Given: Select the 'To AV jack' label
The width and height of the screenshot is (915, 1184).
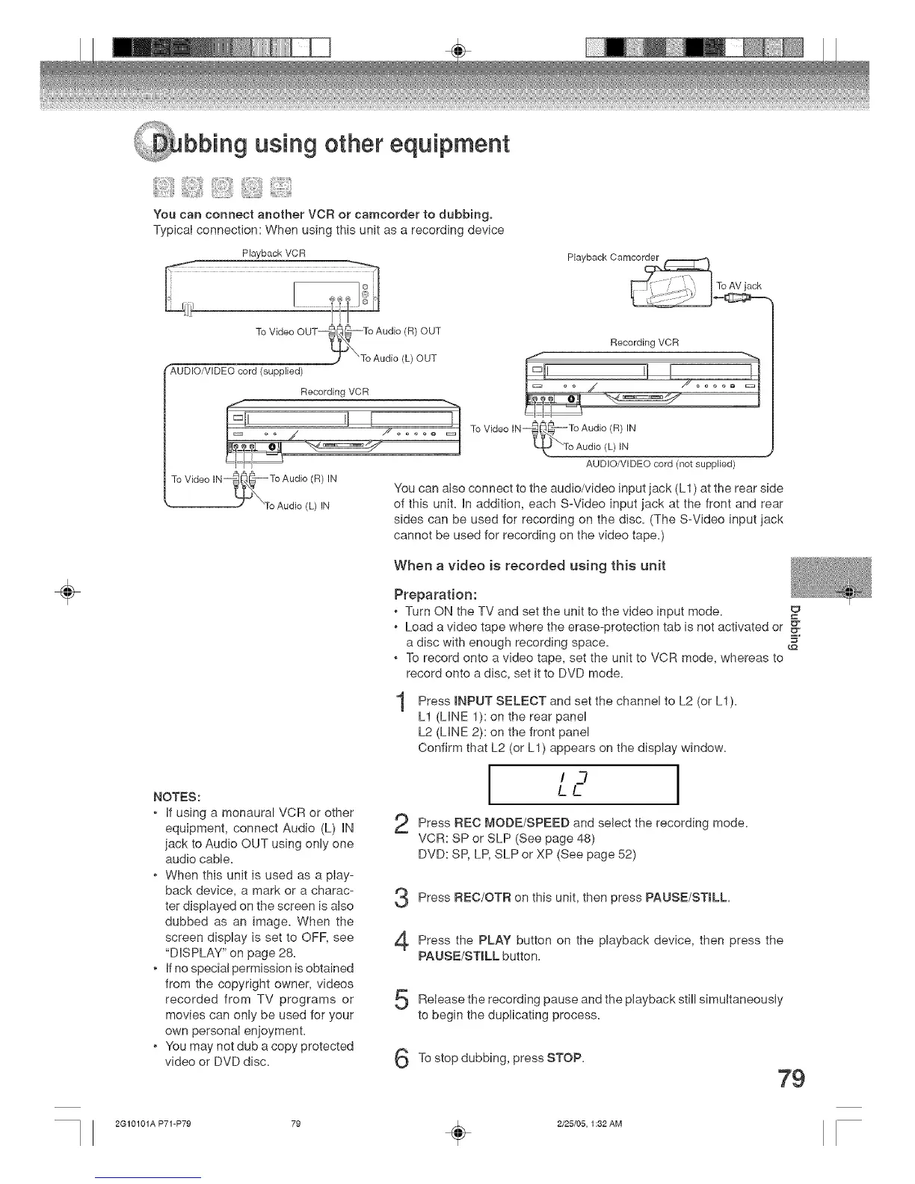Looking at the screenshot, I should pos(739,286).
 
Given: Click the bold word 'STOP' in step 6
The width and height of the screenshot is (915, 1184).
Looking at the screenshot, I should pos(566,1058).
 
